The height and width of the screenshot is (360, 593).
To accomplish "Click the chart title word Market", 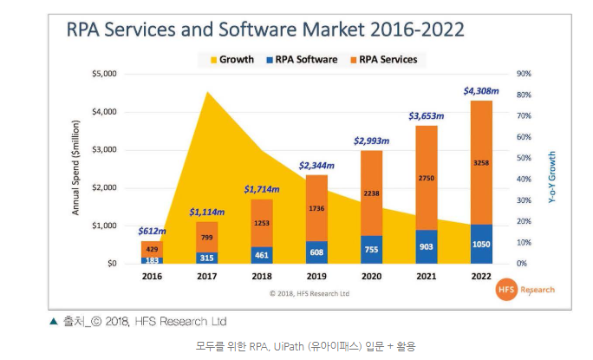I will coord(335,29).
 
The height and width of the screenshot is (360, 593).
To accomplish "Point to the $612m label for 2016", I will coord(151,231).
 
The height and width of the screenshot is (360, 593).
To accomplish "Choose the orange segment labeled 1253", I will coord(262,223).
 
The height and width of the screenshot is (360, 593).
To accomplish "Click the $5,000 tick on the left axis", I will coord(105,74).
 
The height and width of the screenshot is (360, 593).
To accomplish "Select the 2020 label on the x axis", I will coord(370,277).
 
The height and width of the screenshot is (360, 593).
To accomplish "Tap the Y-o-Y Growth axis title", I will coord(551,179).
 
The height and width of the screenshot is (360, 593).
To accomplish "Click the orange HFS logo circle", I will coord(507,290).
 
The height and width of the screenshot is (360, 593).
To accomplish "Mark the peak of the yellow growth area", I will coord(206,90).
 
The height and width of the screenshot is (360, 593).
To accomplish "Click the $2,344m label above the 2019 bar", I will coord(316,165).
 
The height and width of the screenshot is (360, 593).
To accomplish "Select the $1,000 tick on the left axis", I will coord(105,226).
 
